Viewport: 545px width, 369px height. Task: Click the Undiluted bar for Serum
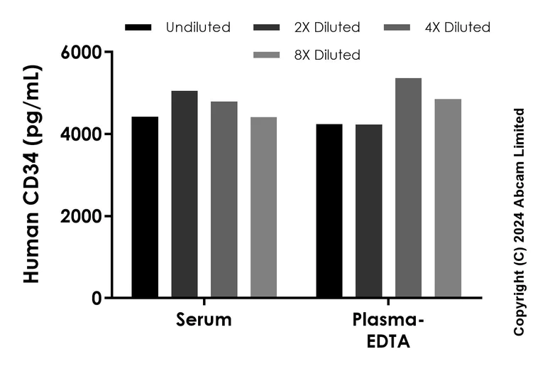pos(145,207)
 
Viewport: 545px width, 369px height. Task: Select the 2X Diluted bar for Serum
pos(185,194)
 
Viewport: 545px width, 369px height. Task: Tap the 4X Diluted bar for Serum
pos(224,200)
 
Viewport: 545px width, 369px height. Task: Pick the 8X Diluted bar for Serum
pos(263,207)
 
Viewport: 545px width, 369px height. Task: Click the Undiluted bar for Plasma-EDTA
pos(329,210)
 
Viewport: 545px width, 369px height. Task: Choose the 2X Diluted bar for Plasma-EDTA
pos(369,211)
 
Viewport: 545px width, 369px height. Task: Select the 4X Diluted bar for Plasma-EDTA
pos(408,188)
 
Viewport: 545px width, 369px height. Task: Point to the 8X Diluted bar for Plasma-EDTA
pos(448,198)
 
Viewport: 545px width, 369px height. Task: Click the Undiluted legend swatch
pos(138,28)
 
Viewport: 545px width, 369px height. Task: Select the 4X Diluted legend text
pos(458,28)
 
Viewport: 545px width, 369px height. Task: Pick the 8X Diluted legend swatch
pos(266,55)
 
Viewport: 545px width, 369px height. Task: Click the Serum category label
pos(204,320)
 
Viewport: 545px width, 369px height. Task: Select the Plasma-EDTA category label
pos(388,331)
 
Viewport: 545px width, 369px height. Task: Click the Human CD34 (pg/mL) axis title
pos(33,174)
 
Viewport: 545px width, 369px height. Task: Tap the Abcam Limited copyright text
pos(519,222)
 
